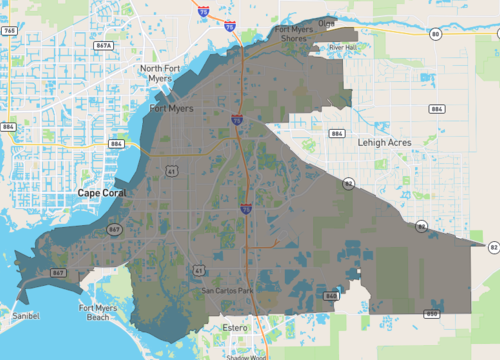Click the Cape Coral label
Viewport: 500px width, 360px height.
pyautogui.click(x=102, y=190)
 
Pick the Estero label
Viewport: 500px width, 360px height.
pyautogui.click(x=235, y=327)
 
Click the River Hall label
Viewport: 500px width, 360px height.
pyautogui.click(x=343, y=47)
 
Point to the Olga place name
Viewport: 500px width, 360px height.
pyautogui.click(x=326, y=22)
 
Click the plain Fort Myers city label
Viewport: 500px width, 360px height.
pyautogui.click(x=170, y=108)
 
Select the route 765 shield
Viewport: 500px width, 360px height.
pyautogui.click(x=9, y=31)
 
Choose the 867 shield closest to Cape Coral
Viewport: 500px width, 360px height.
pyautogui.click(x=117, y=229)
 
